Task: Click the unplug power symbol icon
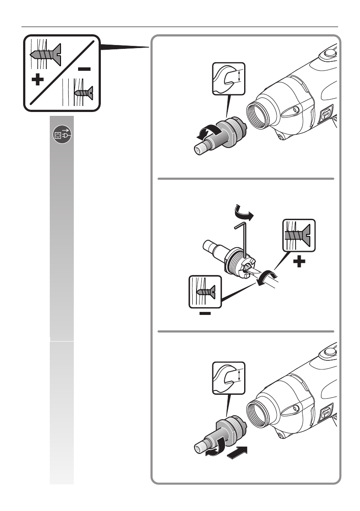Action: tap(62, 135)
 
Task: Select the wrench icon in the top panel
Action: tap(229, 78)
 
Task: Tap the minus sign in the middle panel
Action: tap(205, 314)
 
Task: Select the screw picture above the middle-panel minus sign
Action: tap(205, 291)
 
